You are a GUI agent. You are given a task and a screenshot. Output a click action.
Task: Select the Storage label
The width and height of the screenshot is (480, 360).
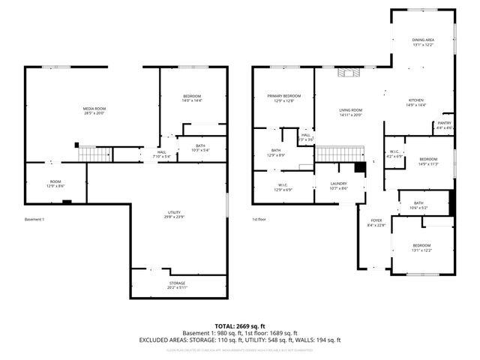point(177,284)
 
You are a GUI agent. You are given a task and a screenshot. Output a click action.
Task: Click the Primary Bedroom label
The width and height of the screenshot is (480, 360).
point(284,98)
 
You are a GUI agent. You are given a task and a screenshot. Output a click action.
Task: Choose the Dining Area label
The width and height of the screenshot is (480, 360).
point(423,42)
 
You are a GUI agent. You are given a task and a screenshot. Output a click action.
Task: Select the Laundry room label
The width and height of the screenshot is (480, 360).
point(338,185)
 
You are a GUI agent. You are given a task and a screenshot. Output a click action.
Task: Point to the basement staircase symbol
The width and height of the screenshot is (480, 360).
point(95,154)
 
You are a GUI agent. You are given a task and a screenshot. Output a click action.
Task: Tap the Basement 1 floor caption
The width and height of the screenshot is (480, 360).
point(34,219)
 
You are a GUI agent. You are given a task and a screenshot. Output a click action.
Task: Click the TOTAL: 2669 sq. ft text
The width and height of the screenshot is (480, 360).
point(240,326)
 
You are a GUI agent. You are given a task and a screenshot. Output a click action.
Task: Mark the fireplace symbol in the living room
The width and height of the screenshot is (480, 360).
point(349,73)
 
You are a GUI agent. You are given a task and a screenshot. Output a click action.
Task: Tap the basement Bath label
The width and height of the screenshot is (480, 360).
point(200,148)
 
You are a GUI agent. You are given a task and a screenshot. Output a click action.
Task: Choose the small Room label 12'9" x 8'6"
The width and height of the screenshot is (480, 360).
point(55,183)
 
